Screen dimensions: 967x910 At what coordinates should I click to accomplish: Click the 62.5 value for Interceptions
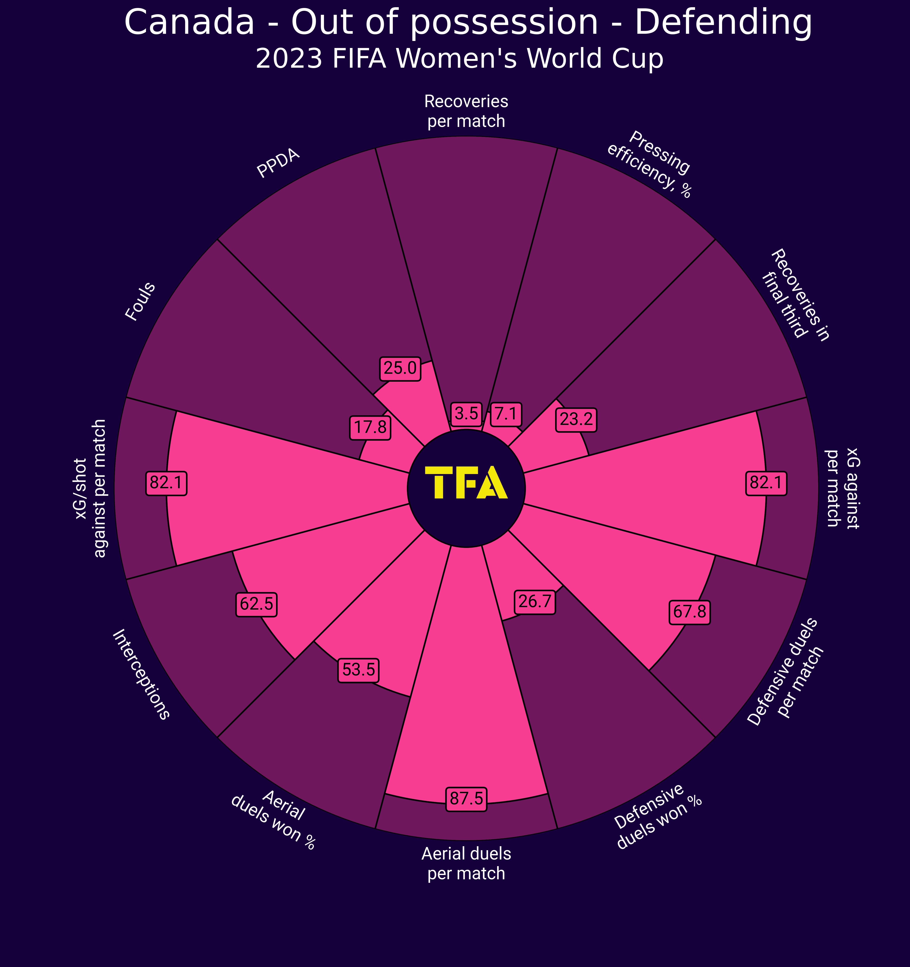coord(257,604)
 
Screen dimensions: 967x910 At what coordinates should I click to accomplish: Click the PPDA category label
coord(278,164)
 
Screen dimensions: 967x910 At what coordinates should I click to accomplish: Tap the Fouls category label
coord(140,302)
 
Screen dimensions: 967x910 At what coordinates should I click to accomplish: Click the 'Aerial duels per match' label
coord(466,863)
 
